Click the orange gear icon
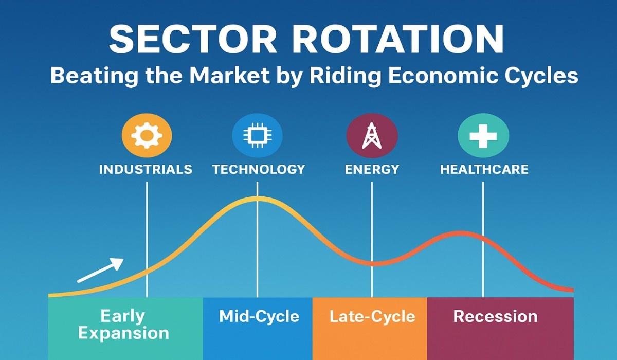(x=147, y=136)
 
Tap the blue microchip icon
(x=258, y=136)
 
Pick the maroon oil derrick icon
(x=372, y=136)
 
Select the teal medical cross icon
(x=483, y=136)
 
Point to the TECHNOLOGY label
(x=258, y=169)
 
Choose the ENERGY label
(x=372, y=169)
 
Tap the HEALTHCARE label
(x=484, y=169)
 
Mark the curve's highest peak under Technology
(x=258, y=199)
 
